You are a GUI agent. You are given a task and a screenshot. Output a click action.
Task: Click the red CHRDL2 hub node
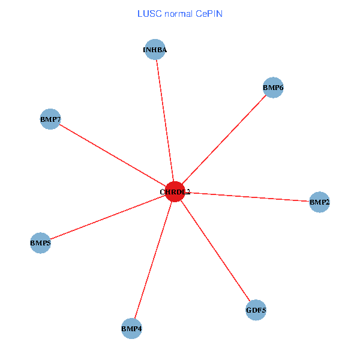175,191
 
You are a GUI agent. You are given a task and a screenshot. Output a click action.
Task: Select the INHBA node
155,50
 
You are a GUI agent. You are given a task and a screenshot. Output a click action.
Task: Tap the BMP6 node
273,88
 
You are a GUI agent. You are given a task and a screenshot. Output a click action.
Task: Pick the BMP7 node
50,119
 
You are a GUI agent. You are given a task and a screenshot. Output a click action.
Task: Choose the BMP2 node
319,202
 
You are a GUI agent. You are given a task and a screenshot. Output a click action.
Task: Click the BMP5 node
40,243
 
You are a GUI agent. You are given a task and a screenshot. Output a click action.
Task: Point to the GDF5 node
256,310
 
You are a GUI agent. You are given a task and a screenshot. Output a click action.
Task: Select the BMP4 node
131,328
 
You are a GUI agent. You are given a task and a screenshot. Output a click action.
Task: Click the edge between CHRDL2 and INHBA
164,120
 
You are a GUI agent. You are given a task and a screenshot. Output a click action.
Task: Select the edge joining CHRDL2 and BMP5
108,217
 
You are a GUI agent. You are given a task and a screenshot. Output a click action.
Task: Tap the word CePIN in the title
208,13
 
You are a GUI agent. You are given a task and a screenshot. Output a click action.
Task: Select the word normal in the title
178,13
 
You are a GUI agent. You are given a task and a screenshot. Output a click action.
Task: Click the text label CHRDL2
175,192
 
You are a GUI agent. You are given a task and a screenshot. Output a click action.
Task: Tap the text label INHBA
155,50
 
